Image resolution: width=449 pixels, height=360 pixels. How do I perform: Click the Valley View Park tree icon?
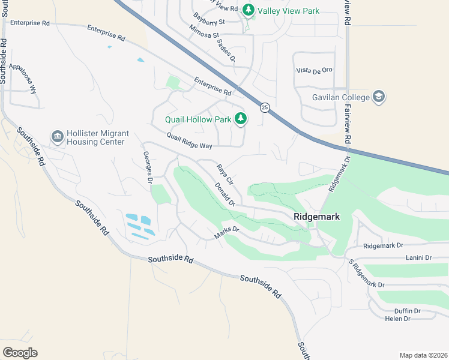247,11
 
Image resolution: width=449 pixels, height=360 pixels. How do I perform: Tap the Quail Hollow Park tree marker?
240,119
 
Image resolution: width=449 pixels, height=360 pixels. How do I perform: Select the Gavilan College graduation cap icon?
379,97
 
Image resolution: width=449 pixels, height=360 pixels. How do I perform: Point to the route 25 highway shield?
265,107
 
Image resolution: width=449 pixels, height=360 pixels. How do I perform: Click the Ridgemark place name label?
317,216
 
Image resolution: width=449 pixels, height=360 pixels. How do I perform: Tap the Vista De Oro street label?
314,71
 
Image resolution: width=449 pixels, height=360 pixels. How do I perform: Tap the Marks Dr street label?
227,233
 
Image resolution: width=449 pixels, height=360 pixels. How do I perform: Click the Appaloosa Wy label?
27,76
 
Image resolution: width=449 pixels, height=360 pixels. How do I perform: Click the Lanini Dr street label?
418,258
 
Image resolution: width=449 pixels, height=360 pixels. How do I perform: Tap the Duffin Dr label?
408,311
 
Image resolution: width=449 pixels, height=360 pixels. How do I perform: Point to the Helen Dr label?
397,319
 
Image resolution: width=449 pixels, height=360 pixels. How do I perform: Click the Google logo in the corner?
20,353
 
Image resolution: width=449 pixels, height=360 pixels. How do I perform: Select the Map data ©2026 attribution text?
423,355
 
